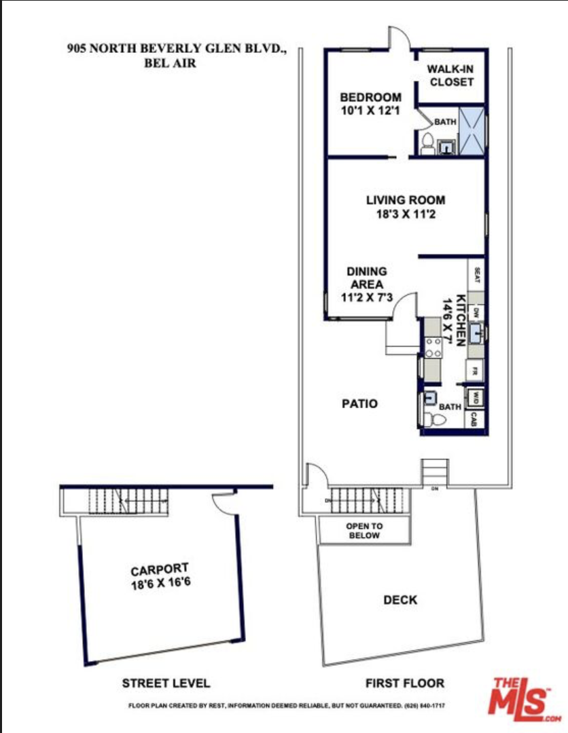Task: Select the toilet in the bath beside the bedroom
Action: (x=427, y=145)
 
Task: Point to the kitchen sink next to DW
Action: (x=477, y=333)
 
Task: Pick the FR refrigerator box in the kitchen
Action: (x=476, y=371)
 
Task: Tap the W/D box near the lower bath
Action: (x=476, y=396)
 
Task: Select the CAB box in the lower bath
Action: (x=476, y=419)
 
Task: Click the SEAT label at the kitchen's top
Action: (x=477, y=276)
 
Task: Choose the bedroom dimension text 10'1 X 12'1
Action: (x=370, y=110)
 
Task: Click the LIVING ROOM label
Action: (x=406, y=200)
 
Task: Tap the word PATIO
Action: (x=359, y=404)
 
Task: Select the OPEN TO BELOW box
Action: (x=364, y=531)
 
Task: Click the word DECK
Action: (x=400, y=600)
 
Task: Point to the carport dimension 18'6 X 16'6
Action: (x=160, y=582)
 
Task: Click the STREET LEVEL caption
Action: (x=166, y=683)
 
